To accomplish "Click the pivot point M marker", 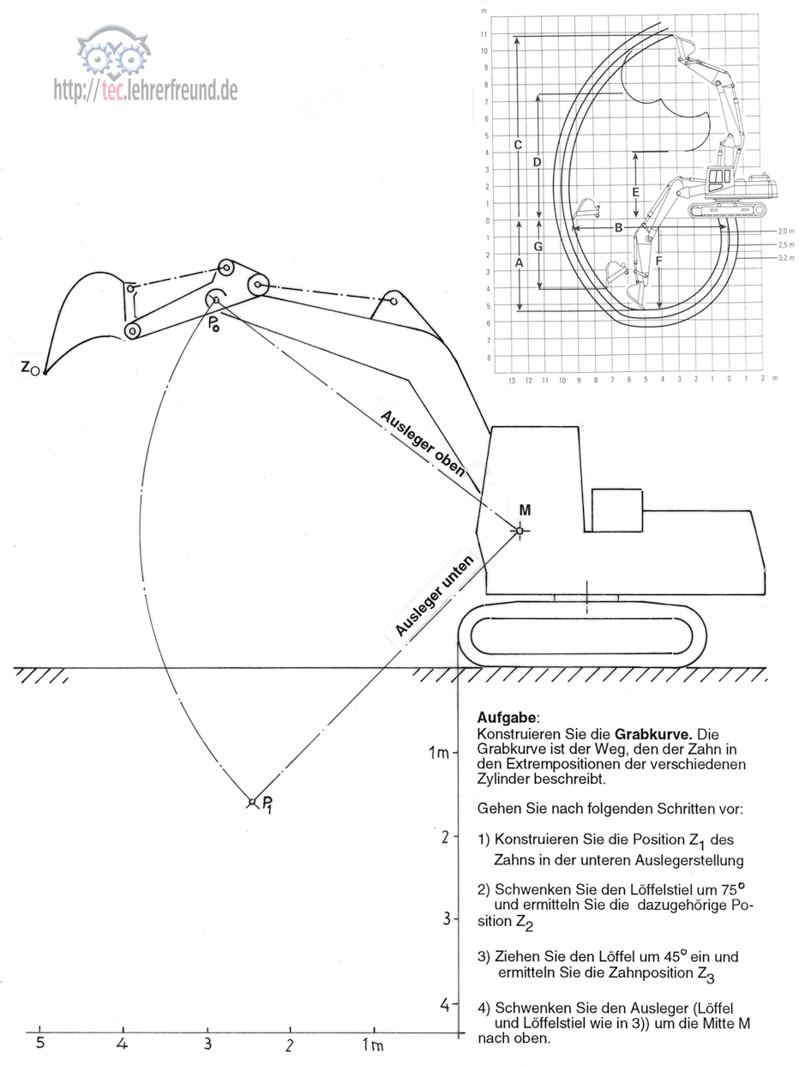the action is (520, 530).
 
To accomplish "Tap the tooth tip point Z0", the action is (45, 373).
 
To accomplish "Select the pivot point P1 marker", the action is (252, 802).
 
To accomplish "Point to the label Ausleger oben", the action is (423, 443).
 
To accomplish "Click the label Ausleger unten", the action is (434, 596).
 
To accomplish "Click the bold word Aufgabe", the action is (507, 718).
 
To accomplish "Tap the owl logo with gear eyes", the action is (113, 52).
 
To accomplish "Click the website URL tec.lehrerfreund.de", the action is (146, 90).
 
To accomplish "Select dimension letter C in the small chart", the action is (518, 145).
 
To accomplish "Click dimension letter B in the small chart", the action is (618, 227).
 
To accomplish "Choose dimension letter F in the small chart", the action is (658, 261).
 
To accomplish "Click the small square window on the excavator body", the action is (617, 510).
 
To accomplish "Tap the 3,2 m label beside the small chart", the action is (786, 257).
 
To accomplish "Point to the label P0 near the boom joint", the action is (214, 323).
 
